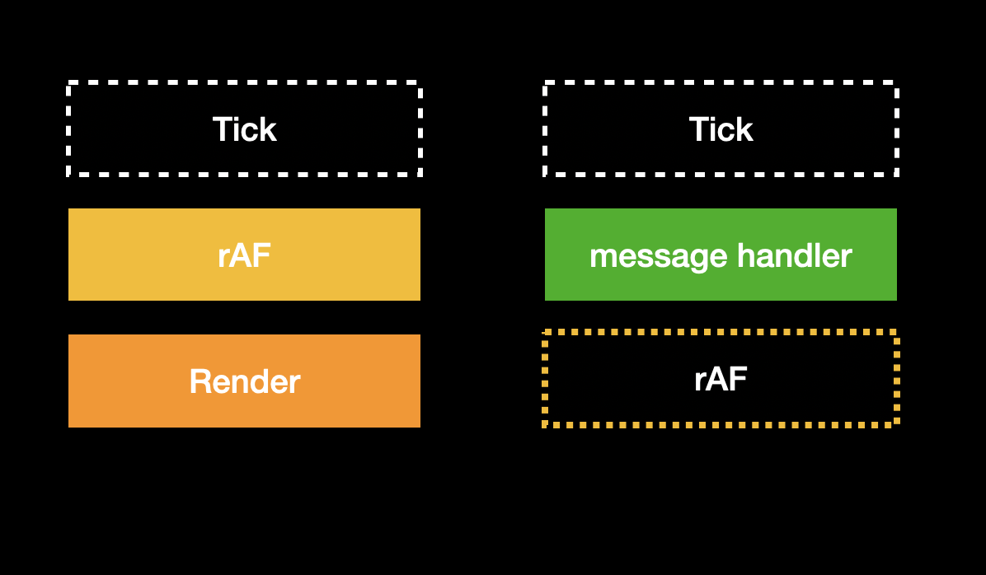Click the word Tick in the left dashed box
pos(244,129)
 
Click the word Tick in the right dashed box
pos(721,129)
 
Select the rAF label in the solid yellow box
pos(244,255)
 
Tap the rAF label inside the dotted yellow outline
pos(721,380)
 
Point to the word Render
pos(244,381)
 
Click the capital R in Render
pos(199,381)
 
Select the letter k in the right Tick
pos(744,129)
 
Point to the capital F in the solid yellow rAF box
pos(261,255)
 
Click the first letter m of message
pos(601,258)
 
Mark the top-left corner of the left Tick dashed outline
pos(69,83)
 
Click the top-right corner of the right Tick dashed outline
pos(896,83)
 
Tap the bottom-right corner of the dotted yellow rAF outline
pos(896,424)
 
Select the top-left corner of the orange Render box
pos(69,335)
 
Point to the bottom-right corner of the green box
pos(895,299)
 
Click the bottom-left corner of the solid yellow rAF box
pos(69,299)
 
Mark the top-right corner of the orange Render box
pos(420,335)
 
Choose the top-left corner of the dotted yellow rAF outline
pos(545,333)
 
